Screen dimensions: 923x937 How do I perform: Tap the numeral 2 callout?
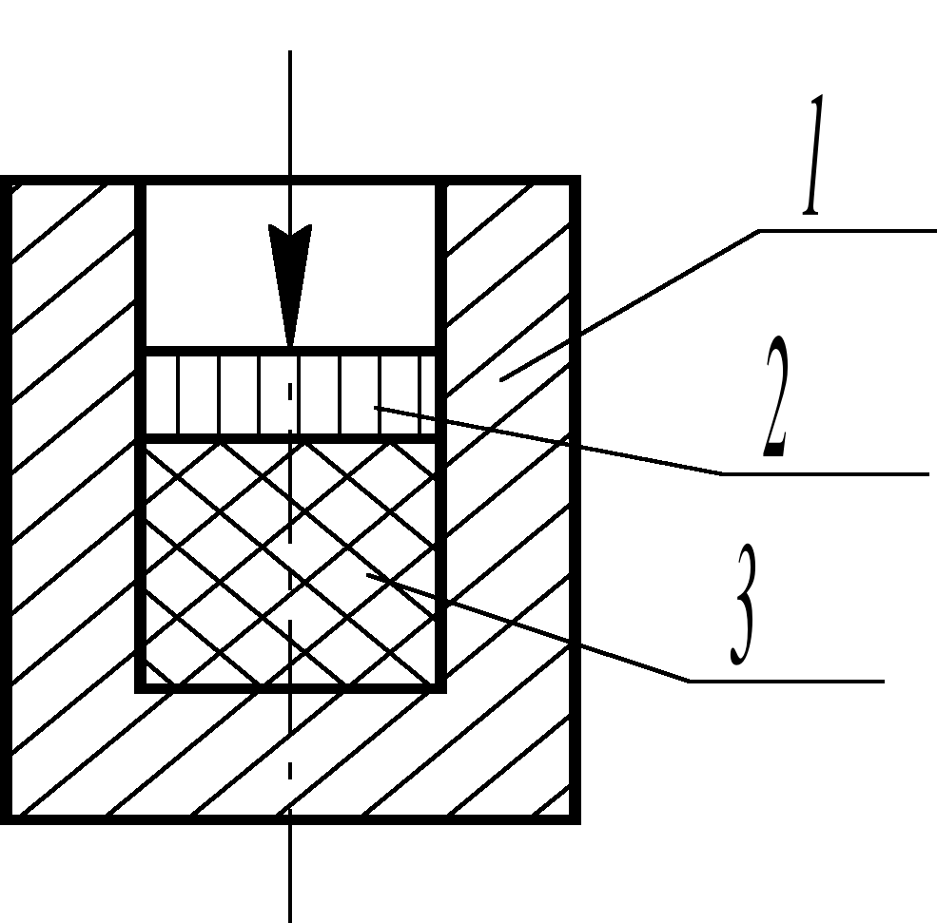775,400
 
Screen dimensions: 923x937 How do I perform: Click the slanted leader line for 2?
552,440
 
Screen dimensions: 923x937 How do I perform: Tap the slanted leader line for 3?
533,628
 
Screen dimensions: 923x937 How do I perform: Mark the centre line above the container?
289,114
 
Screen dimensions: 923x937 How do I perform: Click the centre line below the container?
289,870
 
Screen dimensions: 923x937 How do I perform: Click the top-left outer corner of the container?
4,181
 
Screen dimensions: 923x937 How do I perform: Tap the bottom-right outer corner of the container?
576,818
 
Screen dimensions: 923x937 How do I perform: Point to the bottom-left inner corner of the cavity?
142,686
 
